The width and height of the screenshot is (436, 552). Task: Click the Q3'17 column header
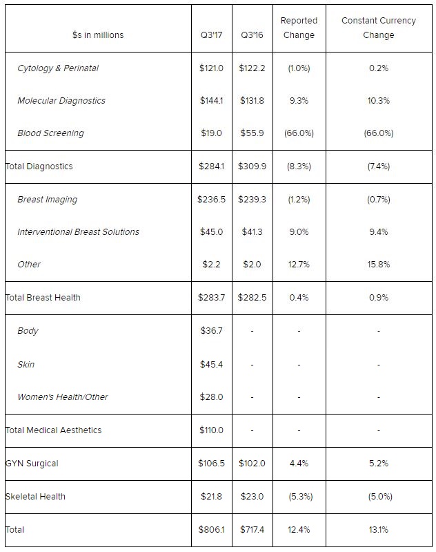[x=210, y=35]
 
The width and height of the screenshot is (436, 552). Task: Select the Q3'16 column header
[x=252, y=35]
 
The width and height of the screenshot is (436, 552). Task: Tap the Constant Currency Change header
[x=379, y=28]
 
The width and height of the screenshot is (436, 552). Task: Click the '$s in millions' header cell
[x=98, y=35]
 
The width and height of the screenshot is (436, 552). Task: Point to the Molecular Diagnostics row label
[x=61, y=101]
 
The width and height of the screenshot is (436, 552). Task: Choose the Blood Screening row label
[x=50, y=133]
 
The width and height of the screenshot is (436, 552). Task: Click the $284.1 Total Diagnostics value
[x=210, y=166]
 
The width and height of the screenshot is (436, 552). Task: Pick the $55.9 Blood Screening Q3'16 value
[x=252, y=133]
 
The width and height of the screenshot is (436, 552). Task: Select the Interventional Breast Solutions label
[x=78, y=232]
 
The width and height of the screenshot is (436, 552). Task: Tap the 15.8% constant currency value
[x=379, y=265]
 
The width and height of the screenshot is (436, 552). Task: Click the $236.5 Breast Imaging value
[x=210, y=200]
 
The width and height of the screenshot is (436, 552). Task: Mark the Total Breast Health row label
[x=43, y=298]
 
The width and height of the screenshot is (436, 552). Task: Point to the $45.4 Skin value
[x=210, y=364]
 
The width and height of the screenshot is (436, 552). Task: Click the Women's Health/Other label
[x=62, y=397]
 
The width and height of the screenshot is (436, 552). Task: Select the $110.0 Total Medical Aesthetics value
[x=210, y=430]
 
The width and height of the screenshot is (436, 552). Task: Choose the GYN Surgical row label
[x=32, y=464]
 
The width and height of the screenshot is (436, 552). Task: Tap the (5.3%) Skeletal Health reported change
[x=299, y=497]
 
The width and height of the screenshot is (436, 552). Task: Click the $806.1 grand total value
[x=210, y=530]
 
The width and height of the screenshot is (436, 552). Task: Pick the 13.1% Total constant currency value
[x=379, y=530]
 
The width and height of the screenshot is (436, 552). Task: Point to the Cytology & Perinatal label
[x=58, y=68]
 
